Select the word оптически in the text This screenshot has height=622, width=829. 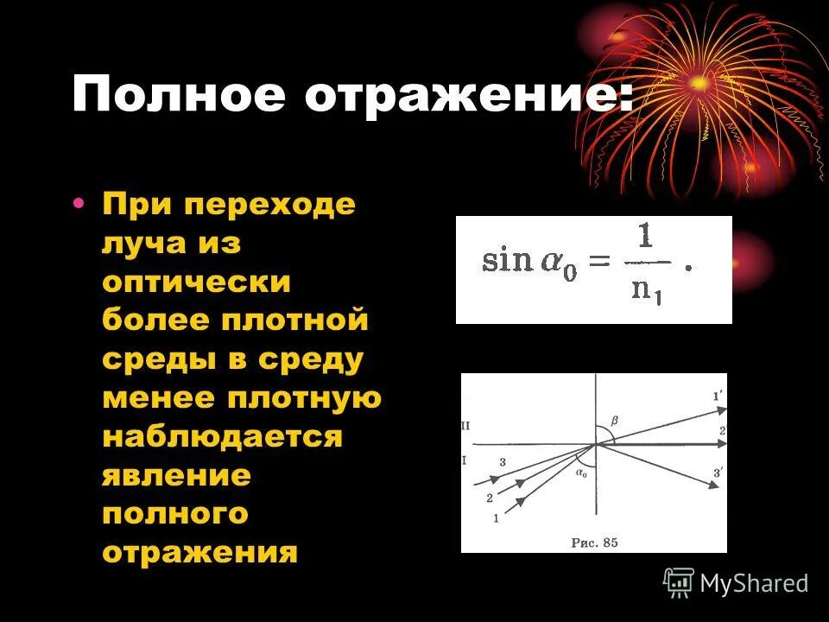pos(196,282)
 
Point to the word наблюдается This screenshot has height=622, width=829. pos(222,436)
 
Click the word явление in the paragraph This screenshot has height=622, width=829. pos(176,475)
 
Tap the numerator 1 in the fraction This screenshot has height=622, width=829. pos(643,236)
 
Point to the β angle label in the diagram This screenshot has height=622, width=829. pos(615,421)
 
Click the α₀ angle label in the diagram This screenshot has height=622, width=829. pos(581,473)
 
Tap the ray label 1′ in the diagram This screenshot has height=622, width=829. pos(717,397)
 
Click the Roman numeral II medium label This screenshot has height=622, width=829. pos(466,426)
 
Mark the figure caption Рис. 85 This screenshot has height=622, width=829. pos(595,543)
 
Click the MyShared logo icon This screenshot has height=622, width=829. pos(679,582)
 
